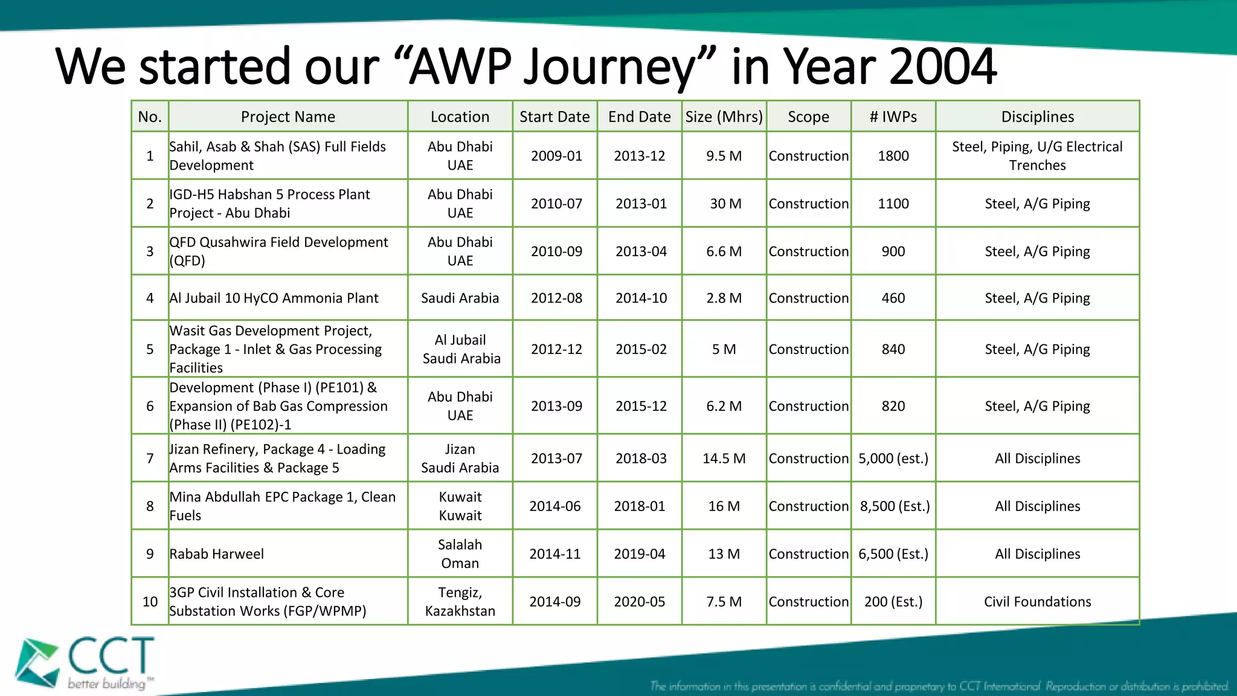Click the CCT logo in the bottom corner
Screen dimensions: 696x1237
[85, 663]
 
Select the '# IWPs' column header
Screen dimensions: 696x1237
[893, 117]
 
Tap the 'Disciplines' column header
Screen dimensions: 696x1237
[1037, 117]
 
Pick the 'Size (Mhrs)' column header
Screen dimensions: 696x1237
[724, 117]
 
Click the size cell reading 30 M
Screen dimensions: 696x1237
[725, 204]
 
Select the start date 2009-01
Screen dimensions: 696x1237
[556, 156]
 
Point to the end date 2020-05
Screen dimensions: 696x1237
[639, 602]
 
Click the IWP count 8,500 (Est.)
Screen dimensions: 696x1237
[894, 506]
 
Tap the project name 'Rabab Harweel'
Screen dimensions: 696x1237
[217, 554]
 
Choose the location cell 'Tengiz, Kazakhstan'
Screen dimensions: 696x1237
[460, 602]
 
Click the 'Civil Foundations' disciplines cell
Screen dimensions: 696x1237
[1037, 602]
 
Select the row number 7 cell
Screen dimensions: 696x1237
[150, 459]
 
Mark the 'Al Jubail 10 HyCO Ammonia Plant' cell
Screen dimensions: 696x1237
[274, 298]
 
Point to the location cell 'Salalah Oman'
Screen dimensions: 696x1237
[460, 554]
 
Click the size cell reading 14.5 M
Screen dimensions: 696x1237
[724, 459]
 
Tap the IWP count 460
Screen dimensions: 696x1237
[893, 298]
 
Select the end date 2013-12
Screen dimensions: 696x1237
[639, 156]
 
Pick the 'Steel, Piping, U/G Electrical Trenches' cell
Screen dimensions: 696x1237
[1037, 156]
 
